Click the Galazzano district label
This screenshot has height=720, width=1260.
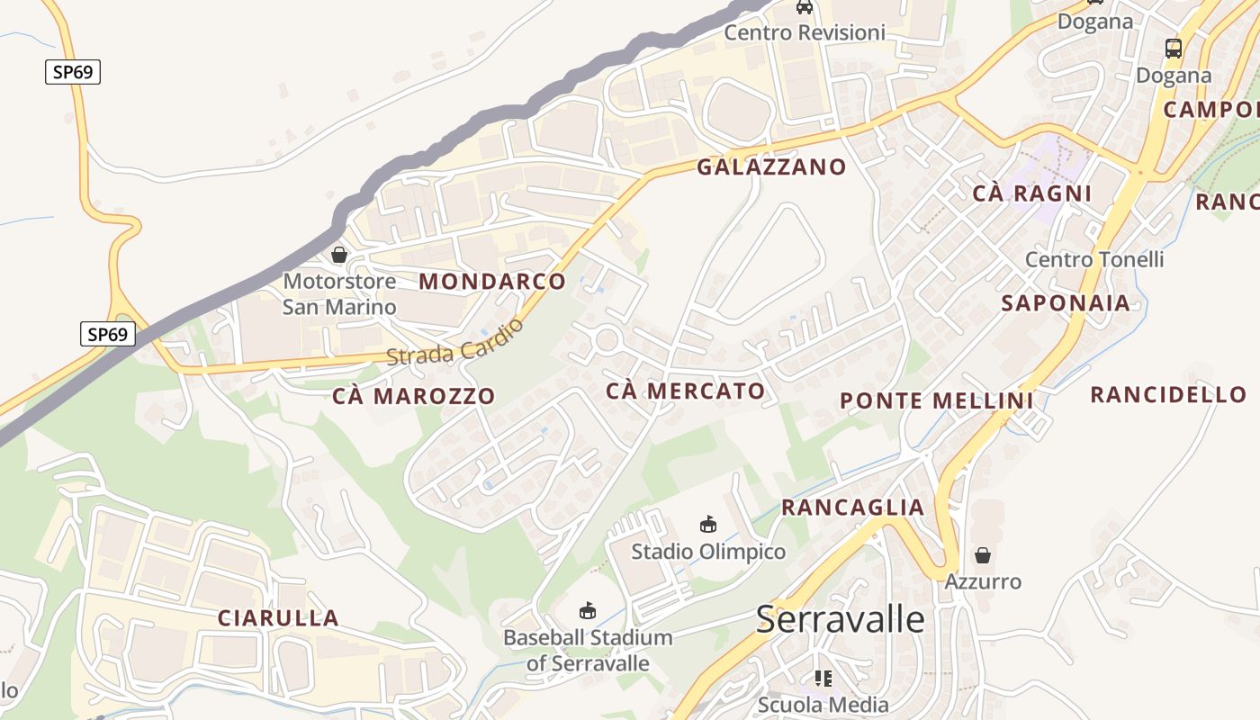coord(771,166)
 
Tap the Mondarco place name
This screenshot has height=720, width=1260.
coord(492,282)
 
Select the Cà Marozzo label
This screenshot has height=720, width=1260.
coord(413,396)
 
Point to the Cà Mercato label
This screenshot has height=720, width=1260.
coord(686,391)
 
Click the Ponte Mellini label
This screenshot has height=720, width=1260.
coord(936,401)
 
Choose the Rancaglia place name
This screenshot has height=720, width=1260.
coord(852,508)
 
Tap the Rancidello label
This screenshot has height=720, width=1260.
coord(1168,394)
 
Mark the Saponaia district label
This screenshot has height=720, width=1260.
coord(1066,303)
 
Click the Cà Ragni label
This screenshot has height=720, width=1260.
coord(1032,193)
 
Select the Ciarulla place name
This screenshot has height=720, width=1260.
coord(278,618)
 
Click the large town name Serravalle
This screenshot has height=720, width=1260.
coord(840,619)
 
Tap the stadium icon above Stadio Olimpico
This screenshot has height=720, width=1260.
coord(708,524)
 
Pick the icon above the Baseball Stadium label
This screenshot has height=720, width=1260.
coord(588,610)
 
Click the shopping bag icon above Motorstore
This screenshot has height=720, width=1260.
coord(339,255)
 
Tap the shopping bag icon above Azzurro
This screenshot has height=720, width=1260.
coord(983,554)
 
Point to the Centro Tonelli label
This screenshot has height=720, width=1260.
coord(1094,260)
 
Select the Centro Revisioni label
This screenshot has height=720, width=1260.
coord(805,33)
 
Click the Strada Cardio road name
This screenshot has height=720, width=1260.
coord(455,343)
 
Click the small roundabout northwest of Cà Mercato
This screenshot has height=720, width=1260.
coord(607,340)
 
